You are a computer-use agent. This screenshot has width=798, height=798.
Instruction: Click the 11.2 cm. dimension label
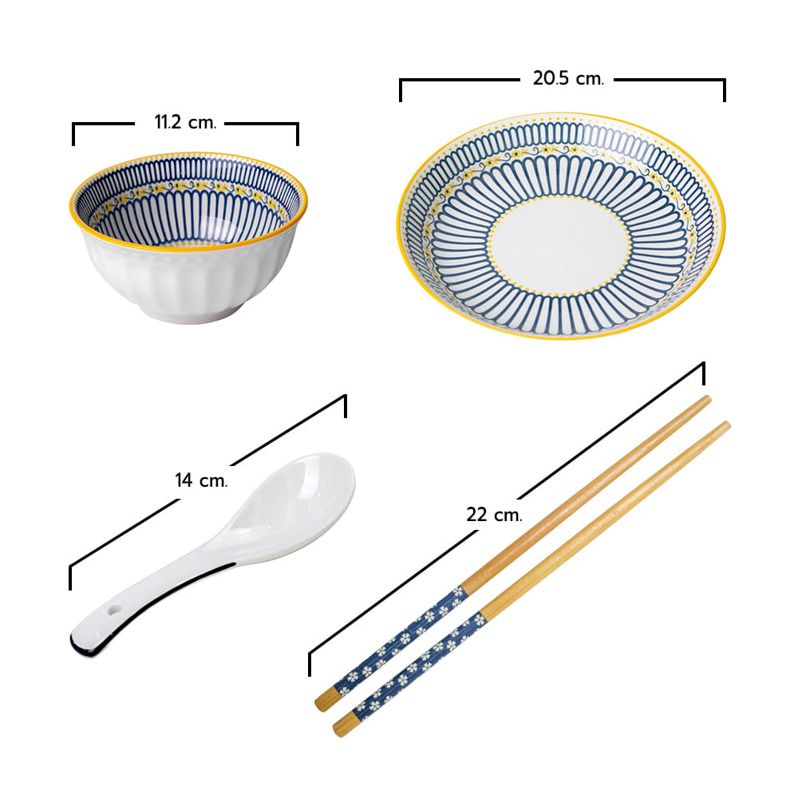coord(185,123)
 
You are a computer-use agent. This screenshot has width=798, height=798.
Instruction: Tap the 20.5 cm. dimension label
coord(568,78)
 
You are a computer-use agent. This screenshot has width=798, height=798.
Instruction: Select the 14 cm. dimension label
coord(201,480)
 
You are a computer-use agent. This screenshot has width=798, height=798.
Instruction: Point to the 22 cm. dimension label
coord(494,515)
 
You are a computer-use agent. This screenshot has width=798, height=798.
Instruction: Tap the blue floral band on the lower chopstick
coord(420,666)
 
